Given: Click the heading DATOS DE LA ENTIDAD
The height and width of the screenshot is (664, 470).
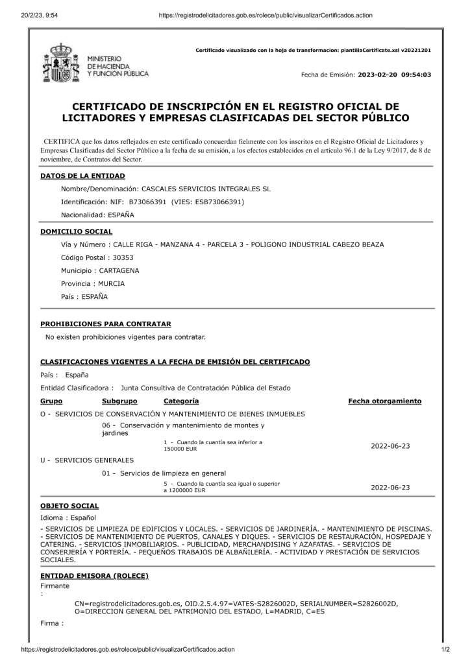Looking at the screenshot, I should (x=82, y=176).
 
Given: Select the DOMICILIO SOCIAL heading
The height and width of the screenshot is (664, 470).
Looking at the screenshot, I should (x=77, y=231).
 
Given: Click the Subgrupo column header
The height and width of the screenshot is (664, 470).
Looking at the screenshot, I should (x=119, y=401).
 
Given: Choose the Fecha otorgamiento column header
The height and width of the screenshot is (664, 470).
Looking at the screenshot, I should (x=385, y=401).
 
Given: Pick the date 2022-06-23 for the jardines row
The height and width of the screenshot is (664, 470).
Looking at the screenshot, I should (x=390, y=446).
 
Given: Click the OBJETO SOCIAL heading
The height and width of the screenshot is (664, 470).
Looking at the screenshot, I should (x=69, y=505).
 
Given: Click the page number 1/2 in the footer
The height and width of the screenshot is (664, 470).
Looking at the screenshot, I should (x=445, y=649).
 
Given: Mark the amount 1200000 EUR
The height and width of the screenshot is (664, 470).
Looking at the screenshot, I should (x=187, y=491).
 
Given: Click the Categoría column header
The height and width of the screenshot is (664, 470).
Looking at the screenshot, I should (x=181, y=401).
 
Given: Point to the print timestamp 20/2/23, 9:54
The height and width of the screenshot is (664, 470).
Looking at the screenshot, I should (x=35, y=6).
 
